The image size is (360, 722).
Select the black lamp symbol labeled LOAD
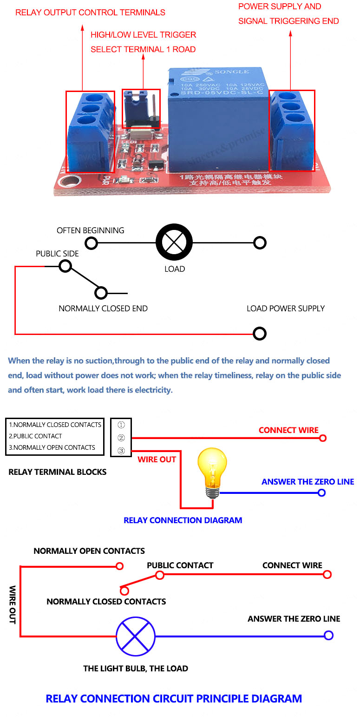pos(174,243)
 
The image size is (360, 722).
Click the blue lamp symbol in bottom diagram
pos(135,636)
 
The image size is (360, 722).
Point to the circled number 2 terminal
pos(121,437)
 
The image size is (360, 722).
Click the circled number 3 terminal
pos(121,450)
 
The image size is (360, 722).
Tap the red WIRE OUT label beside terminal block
pos(157,459)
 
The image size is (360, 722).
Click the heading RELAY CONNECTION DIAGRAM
pos(183,520)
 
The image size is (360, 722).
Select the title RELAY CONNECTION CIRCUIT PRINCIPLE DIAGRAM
pos(174,698)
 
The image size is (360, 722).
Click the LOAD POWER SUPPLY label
pos(285,308)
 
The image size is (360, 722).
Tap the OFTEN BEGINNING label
pos(90,230)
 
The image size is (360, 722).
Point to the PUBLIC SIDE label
pos(57,254)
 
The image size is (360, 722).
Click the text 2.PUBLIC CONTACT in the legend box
pos(35,436)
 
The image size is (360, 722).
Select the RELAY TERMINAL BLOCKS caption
pos(58,472)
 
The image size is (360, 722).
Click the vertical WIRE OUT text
pos(13,604)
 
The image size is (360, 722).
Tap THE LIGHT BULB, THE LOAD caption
pos(136,669)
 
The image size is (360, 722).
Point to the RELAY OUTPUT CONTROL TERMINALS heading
pos(90,13)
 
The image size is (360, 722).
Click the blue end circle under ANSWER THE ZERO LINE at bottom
pos(328,636)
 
